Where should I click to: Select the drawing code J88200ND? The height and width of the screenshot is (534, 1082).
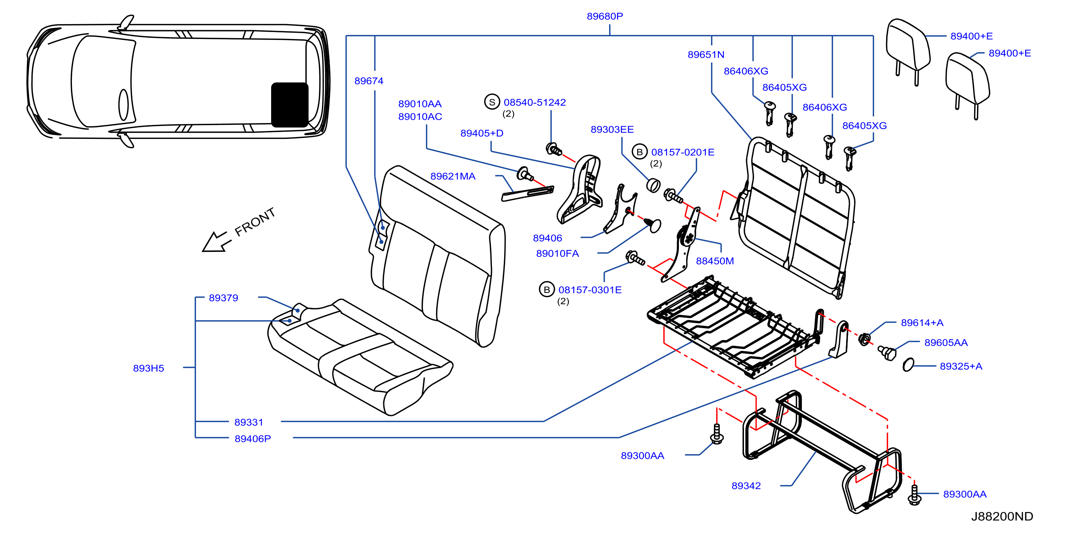[x=1002, y=516]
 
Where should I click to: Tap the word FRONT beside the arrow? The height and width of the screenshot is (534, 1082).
[x=255, y=222]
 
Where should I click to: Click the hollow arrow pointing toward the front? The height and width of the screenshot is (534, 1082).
[x=216, y=242]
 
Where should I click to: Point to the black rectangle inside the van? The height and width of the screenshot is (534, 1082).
[x=290, y=105]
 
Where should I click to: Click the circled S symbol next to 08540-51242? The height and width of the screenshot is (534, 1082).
[x=492, y=102]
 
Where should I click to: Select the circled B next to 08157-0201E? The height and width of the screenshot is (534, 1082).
[x=639, y=152]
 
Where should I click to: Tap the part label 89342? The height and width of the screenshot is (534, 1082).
[x=746, y=486]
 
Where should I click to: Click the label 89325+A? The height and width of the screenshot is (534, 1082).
[x=961, y=366]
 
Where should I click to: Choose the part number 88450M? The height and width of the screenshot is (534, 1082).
[x=715, y=261]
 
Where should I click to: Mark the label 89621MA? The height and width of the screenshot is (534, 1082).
[x=453, y=176]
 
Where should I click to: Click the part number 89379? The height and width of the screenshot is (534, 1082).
[x=223, y=298]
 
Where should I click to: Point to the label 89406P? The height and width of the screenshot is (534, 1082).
[x=252, y=439]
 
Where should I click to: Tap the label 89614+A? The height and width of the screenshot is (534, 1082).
[x=922, y=322]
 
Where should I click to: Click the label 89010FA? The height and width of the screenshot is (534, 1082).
[x=557, y=254]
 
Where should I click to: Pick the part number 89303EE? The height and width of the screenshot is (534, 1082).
[x=612, y=130]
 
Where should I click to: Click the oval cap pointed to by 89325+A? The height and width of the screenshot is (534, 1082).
[x=908, y=365]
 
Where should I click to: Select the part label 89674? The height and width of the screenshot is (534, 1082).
[x=369, y=81]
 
